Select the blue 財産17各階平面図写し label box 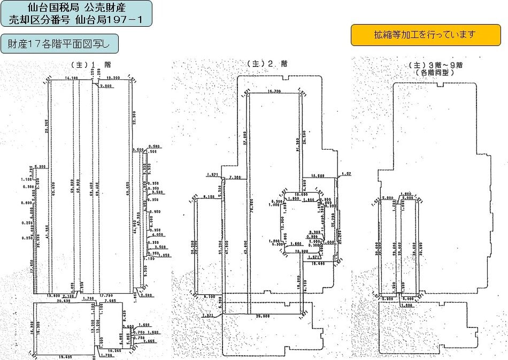coord(59,43)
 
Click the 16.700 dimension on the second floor coord(273,91)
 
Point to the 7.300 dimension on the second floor coord(234,177)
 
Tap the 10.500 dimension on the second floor coord(318,176)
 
